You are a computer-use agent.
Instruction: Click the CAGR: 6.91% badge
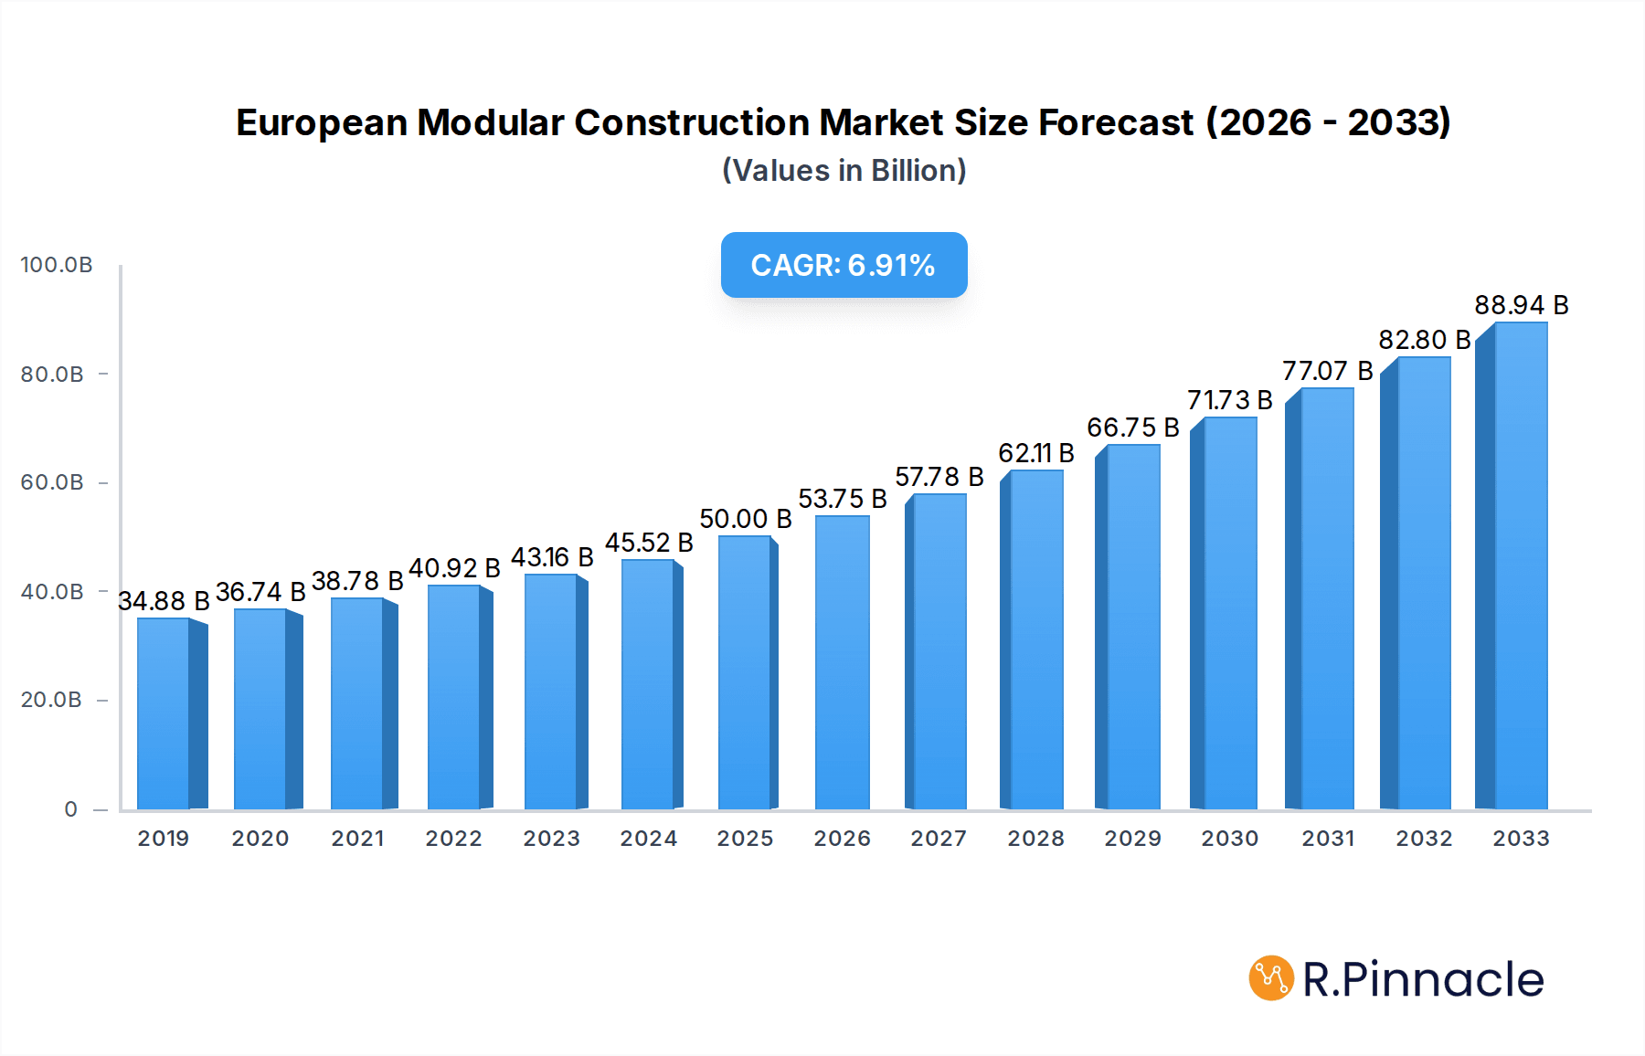pos(844,265)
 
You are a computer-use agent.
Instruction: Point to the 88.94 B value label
pos(1521,305)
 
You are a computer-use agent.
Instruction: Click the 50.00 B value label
pos(745,519)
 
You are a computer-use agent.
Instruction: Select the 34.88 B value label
pos(164,601)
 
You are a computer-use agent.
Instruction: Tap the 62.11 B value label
pos(1035,453)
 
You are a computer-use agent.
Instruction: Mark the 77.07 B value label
pos(1327,371)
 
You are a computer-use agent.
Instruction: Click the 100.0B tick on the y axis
pos(57,265)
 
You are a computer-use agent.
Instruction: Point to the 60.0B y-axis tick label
pos(52,482)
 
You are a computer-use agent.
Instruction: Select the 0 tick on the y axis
pos(71,809)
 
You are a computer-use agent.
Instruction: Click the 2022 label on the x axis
pos(453,839)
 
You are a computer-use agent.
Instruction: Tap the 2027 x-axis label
pos(939,839)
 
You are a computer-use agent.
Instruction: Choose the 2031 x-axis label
pos(1328,839)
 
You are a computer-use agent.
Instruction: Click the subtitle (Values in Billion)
pos(844,171)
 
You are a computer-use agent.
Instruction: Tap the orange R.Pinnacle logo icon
pos(1271,978)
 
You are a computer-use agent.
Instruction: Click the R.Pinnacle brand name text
pos(1423,979)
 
